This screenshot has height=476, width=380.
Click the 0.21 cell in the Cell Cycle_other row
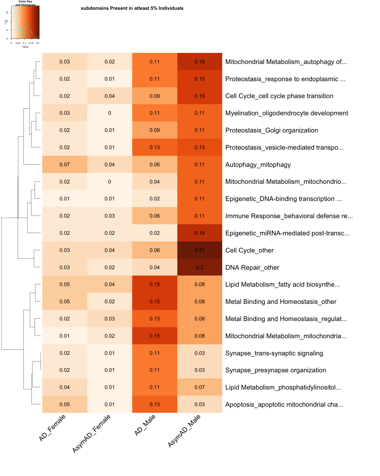[x=199, y=250]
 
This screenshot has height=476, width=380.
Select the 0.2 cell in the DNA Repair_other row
[x=199, y=267]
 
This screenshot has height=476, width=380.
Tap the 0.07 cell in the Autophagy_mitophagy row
[x=65, y=164]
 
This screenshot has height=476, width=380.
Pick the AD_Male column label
[x=145, y=425]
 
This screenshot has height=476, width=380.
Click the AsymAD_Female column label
[x=91, y=434]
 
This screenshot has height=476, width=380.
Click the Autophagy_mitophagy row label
[x=258, y=165]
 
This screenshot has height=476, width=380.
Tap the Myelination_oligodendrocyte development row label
[x=287, y=113]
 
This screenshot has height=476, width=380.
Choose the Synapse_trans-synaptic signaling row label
[x=274, y=353]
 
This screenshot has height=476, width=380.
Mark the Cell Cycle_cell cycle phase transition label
[x=279, y=96]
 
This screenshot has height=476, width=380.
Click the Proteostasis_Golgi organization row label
[x=272, y=130]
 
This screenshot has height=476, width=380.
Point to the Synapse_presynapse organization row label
[x=275, y=370]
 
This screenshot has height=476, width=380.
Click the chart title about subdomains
[x=132, y=8]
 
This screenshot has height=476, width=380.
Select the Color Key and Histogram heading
[x=25, y=3]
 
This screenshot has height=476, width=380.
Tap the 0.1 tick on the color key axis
[x=24, y=43]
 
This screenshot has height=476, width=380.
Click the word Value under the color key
[x=25, y=47]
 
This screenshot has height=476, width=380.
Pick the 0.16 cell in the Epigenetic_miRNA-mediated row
[x=199, y=233]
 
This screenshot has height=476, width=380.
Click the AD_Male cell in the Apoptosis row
[x=155, y=404]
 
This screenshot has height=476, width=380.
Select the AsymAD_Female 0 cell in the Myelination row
[x=110, y=113]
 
